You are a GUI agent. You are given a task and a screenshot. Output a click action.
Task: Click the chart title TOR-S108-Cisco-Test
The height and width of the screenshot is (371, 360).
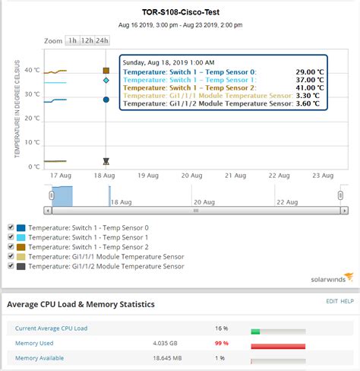(180, 11)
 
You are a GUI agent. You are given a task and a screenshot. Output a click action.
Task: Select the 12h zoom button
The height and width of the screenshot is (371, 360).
(87, 40)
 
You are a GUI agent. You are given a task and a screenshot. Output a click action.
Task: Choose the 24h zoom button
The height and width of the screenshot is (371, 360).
(103, 40)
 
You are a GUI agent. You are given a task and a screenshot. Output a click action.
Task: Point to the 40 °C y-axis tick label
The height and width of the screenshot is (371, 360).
(32, 71)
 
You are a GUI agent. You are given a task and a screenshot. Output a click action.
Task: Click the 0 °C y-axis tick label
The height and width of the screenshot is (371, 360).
(35, 166)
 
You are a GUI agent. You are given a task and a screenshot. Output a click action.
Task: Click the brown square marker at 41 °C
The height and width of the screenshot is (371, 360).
(106, 71)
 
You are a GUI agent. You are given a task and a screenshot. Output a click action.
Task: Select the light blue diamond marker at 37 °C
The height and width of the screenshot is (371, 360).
(106, 80)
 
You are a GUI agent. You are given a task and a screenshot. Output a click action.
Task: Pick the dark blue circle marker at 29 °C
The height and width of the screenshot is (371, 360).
(106, 99)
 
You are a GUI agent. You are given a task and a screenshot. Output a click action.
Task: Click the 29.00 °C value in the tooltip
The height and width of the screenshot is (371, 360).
(309, 71)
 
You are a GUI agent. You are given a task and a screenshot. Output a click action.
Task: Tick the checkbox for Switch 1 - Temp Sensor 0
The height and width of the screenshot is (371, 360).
(10, 227)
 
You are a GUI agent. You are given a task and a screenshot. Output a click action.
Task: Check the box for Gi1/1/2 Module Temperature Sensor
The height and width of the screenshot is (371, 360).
(10, 266)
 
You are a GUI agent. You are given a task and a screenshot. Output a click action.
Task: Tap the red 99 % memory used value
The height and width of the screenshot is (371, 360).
(223, 322)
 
